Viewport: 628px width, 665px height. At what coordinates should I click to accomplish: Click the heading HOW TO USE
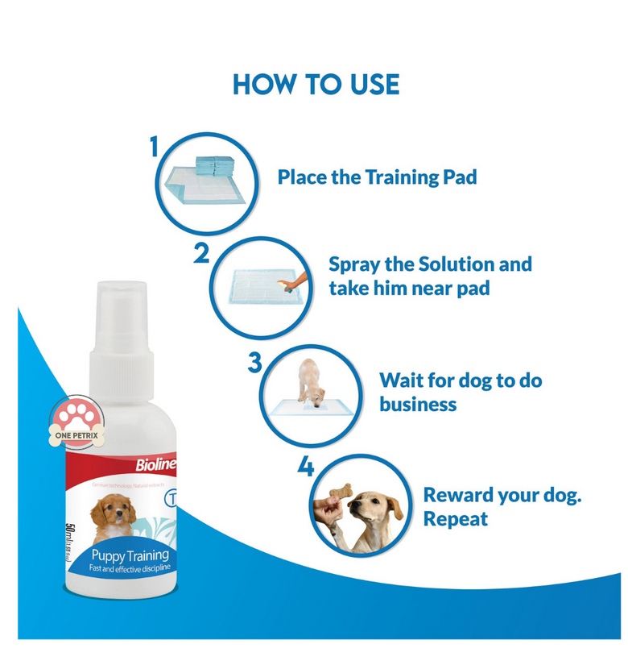tap(316, 84)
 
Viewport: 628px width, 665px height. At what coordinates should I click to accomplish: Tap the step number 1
tap(155, 147)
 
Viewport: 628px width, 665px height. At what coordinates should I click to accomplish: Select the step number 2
tap(201, 253)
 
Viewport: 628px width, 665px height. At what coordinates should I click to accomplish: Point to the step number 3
tap(254, 362)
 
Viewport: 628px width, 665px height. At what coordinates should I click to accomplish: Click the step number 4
tap(305, 466)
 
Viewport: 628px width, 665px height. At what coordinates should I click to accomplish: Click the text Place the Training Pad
tap(377, 177)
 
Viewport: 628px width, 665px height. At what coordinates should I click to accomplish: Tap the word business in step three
tap(418, 404)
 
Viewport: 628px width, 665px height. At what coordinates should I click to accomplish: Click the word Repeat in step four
tap(456, 518)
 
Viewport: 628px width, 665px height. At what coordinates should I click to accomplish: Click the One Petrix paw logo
tap(78, 422)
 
